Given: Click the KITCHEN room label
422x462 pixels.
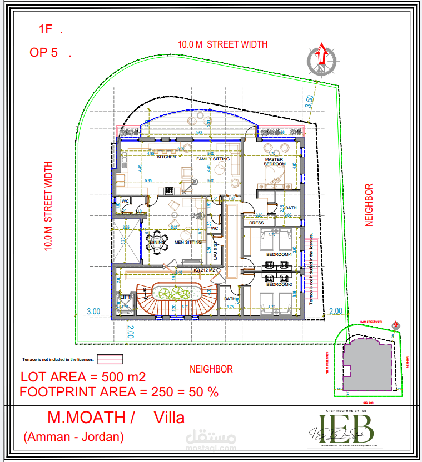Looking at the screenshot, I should point(166,157).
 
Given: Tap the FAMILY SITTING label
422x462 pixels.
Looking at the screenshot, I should point(213,159).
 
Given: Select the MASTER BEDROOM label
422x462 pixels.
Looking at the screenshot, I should point(274,162).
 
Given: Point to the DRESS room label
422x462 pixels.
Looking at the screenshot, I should point(256,223).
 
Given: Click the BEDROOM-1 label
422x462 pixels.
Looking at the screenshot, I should point(279,254).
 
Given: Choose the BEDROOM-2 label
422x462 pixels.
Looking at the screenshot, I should point(279,284).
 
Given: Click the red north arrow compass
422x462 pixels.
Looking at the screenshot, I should point(321,57).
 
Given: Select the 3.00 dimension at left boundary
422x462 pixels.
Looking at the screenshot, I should point(93,312).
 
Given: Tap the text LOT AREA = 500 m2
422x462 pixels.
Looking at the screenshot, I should point(83,377).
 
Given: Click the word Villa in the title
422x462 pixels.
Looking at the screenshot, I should point(169,418).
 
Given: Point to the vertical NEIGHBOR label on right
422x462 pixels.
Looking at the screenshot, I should point(368,205).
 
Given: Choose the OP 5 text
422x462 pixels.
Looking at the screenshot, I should point(44,53).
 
